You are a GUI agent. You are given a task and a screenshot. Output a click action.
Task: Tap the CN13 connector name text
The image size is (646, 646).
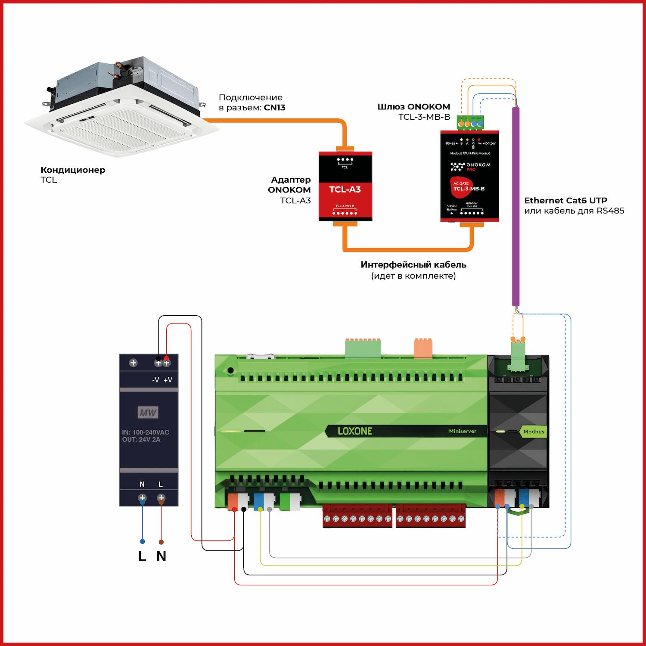[x=274, y=108]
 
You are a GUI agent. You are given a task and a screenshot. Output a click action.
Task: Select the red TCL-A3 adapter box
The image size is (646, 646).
[x=345, y=186]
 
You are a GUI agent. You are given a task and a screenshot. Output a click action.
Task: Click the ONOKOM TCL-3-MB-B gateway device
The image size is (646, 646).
[x=469, y=177]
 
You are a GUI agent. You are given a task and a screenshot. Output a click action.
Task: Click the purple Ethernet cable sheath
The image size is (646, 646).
[x=516, y=207]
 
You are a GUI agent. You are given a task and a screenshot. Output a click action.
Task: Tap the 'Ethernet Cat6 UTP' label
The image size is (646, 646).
[x=565, y=200]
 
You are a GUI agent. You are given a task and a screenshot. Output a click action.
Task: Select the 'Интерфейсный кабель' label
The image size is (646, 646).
[x=413, y=265]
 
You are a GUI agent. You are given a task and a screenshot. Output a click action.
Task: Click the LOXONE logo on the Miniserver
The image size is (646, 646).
[x=355, y=431]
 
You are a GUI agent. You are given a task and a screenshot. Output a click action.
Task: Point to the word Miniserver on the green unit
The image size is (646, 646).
[x=463, y=431]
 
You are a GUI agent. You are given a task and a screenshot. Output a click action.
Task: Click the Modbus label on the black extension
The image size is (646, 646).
[x=534, y=432]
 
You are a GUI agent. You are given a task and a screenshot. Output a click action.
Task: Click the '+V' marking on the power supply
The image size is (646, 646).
[x=168, y=380]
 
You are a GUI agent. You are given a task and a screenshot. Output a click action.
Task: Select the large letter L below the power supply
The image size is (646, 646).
[x=142, y=556]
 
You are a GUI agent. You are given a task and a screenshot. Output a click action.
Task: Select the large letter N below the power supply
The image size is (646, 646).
[x=161, y=556]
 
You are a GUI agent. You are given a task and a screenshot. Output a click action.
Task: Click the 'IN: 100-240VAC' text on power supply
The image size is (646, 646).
[x=146, y=432]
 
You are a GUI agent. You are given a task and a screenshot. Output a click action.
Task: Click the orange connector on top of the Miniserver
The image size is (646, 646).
[x=422, y=348]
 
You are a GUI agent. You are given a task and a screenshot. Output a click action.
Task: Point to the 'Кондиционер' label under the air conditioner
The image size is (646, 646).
[x=73, y=170]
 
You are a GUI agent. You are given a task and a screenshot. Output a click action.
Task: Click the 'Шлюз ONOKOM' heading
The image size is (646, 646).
[x=413, y=107]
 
